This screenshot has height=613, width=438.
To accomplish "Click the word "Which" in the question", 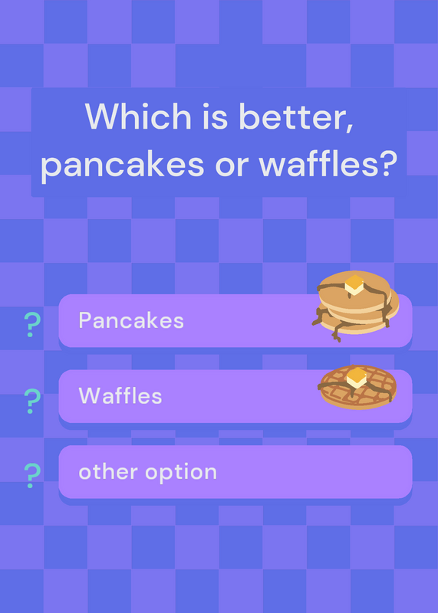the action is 138,116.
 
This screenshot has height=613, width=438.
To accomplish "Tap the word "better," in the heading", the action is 297,117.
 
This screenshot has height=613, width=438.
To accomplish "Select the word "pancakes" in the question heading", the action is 123,163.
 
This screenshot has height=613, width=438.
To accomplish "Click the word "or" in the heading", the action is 232,166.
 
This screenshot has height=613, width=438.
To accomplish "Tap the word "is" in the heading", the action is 216,116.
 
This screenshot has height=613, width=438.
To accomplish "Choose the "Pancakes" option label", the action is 131,320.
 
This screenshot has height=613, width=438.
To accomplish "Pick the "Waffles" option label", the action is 120,395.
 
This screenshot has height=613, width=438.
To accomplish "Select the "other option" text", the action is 147,472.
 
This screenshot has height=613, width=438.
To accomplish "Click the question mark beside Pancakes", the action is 32,325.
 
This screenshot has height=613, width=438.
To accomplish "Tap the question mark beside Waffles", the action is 32,401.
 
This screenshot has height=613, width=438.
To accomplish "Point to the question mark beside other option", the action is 32,475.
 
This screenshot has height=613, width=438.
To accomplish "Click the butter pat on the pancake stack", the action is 354,284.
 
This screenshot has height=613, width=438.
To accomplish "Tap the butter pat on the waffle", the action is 357,378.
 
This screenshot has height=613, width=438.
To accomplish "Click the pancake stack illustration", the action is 355,305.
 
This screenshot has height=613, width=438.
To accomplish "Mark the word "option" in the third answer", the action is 181,473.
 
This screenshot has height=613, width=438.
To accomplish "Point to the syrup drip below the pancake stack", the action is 336,333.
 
